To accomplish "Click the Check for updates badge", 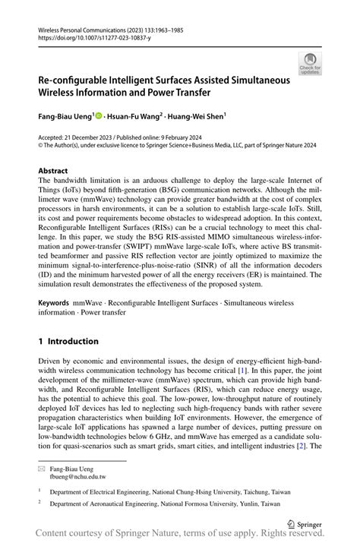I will [x=310, y=63].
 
